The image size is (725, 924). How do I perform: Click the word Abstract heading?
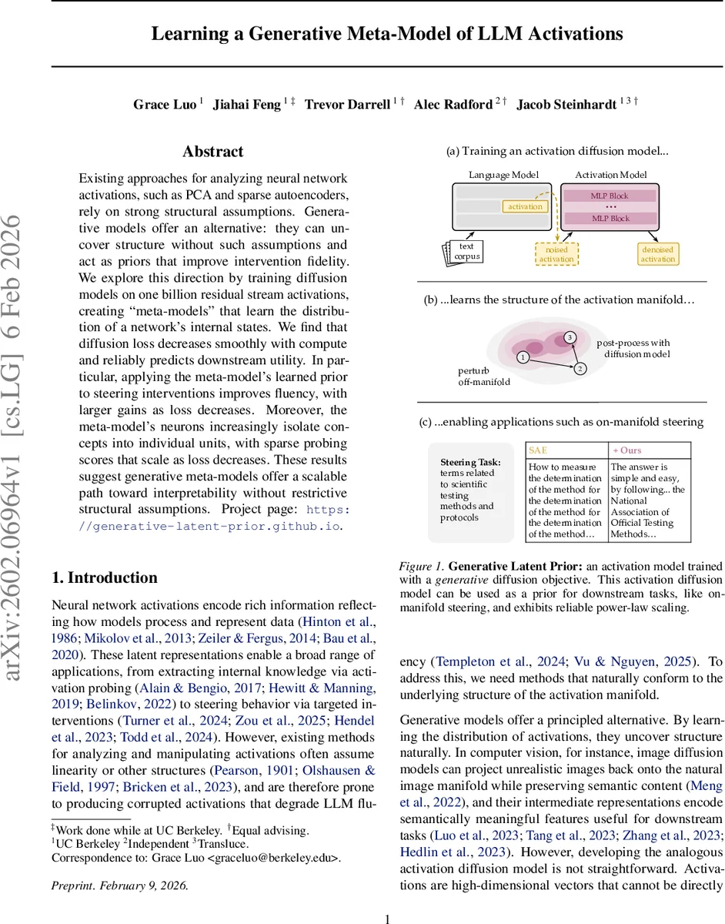(x=212, y=152)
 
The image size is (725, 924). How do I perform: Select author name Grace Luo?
(x=165, y=105)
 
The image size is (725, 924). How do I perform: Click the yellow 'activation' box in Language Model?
(x=525, y=206)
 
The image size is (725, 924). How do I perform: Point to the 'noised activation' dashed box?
(x=556, y=254)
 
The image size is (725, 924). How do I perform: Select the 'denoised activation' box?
(x=657, y=254)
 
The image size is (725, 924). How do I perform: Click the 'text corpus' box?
(x=466, y=252)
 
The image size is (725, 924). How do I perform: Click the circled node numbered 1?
(x=523, y=357)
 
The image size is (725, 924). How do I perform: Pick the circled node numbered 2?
(x=580, y=369)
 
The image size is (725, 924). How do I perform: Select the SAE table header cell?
(x=539, y=450)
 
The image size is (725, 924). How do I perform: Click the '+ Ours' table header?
(x=626, y=450)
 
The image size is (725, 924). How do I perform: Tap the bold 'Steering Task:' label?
(x=470, y=462)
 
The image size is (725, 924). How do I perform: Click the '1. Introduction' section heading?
(x=104, y=577)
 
